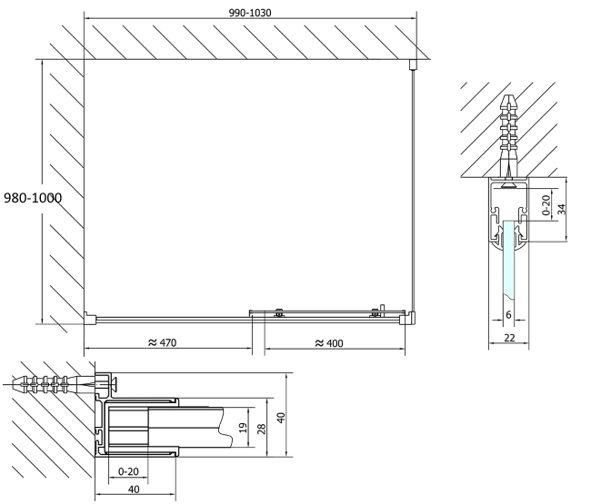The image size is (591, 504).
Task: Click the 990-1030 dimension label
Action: click(x=250, y=13)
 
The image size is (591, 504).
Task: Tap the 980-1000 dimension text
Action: click(x=33, y=198)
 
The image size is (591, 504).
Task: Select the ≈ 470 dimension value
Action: click(x=162, y=342)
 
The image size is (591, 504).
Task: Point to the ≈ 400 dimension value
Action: click(x=329, y=343)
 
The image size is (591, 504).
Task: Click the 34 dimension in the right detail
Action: click(x=562, y=209)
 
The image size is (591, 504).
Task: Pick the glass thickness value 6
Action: click(x=508, y=314)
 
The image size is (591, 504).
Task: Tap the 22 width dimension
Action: click(x=509, y=338)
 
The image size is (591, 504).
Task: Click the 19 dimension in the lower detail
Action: click(x=244, y=427)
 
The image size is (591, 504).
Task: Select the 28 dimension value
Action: click(x=262, y=429)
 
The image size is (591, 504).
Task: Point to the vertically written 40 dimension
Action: click(x=281, y=418)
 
